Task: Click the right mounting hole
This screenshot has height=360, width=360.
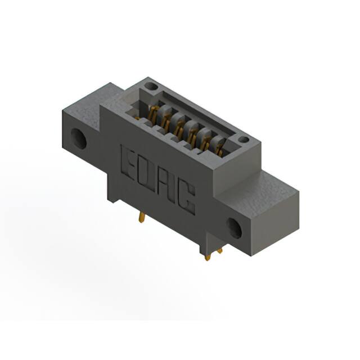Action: [235, 226]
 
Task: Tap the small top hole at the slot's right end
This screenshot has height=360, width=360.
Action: [243, 139]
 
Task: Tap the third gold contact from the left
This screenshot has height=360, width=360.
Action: [178, 127]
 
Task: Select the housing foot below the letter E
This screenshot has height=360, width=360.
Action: [116, 194]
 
